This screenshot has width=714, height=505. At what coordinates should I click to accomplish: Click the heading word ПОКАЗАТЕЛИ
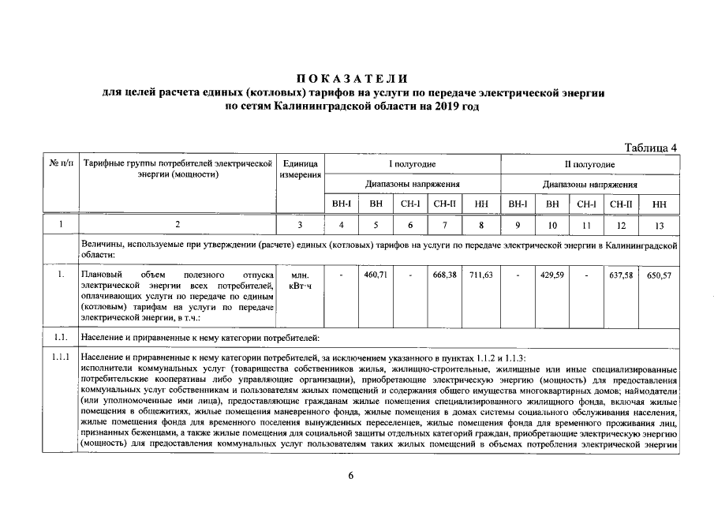[x=353, y=79]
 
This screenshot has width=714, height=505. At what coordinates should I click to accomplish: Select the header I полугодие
[x=412, y=164]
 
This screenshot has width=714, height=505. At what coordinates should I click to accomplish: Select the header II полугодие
[x=589, y=164]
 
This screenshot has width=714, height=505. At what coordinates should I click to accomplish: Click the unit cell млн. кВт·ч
[x=301, y=281]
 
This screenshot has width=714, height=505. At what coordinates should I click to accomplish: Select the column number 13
[x=660, y=226]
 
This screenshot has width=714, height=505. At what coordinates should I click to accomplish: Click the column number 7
[x=446, y=226]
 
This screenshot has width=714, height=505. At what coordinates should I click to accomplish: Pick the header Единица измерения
[x=301, y=169]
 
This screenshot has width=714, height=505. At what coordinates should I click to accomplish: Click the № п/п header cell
[x=60, y=164]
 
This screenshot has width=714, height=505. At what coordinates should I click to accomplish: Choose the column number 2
[x=178, y=226]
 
